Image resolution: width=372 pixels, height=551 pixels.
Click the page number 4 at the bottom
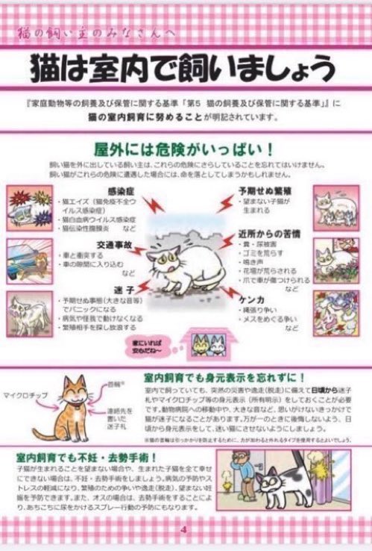(182, 531)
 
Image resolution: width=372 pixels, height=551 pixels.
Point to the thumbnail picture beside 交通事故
(29, 256)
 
